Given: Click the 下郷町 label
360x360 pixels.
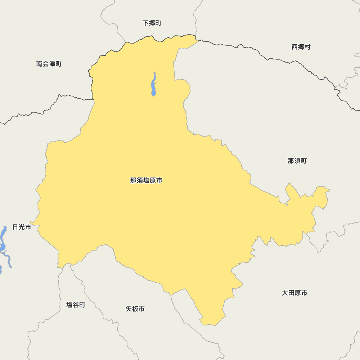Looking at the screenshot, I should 152,23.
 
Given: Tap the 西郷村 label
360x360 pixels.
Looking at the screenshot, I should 301,47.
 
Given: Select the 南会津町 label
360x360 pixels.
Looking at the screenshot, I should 49,64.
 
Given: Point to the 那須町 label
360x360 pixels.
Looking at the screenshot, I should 297,161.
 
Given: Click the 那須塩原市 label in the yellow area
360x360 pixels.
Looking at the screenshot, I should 146,180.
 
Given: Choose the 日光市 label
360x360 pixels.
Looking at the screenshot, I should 22,227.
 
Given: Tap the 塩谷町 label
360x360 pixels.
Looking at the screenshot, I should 76,305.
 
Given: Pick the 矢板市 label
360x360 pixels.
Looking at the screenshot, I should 135,309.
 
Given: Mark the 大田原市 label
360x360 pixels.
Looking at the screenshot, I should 294,293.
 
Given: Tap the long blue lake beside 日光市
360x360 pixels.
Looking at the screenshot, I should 4,245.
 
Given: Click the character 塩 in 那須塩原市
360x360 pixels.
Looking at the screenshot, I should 146,180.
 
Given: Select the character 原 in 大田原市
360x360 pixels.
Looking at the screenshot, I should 298,293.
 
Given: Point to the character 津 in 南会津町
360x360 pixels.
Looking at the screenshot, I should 52,64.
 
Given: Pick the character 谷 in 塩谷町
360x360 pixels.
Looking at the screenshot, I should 76,305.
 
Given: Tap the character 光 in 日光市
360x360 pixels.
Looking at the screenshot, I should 22,227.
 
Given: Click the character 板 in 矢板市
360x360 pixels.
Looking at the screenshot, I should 135,309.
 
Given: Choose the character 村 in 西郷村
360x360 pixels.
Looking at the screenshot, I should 307,47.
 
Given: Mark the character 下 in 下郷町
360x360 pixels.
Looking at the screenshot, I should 146,23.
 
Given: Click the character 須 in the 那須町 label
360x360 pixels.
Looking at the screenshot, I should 297,161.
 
